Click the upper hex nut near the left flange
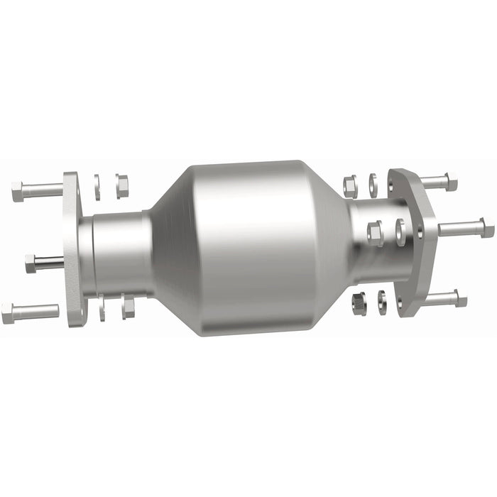[121, 186]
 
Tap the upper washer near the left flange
[97, 187]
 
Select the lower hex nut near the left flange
[128, 306]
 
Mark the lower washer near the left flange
[104, 307]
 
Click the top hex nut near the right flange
[350, 186]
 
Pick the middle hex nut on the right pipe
[375, 233]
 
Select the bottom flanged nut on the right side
[359, 303]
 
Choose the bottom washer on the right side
[382, 302]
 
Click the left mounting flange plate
[72, 248]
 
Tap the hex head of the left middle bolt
[31, 263]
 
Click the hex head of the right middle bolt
[487, 228]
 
